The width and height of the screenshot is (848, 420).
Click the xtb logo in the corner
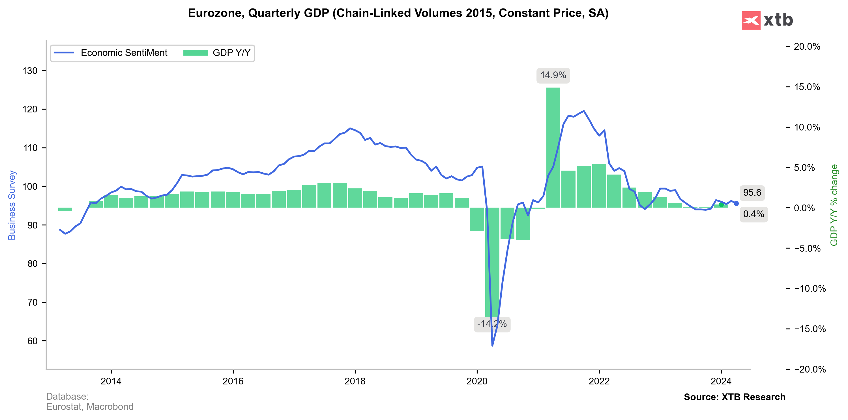[767, 20]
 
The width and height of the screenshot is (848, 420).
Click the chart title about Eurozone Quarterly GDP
[398, 13]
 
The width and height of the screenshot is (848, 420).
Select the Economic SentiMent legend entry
[111, 53]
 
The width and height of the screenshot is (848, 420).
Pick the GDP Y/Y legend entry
[217, 53]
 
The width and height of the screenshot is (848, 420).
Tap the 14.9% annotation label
[553, 75]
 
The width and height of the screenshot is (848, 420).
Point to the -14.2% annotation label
[492, 324]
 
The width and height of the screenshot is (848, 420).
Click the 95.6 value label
[752, 193]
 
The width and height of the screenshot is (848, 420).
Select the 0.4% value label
[753, 214]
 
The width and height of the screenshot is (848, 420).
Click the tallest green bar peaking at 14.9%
[553, 148]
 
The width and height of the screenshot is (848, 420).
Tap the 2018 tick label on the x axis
[355, 381]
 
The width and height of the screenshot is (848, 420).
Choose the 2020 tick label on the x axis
[477, 381]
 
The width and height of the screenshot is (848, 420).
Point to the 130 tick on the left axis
[30, 71]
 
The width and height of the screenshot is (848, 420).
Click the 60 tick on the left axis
[32, 341]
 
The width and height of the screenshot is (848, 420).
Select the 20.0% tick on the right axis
[806, 47]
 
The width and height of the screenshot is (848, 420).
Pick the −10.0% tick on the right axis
[810, 289]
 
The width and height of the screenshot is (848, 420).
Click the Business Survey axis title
[12, 205]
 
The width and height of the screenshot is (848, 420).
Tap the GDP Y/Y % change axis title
[834, 205]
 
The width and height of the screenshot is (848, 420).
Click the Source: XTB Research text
[735, 397]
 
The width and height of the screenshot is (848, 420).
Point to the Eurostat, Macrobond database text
[89, 407]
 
